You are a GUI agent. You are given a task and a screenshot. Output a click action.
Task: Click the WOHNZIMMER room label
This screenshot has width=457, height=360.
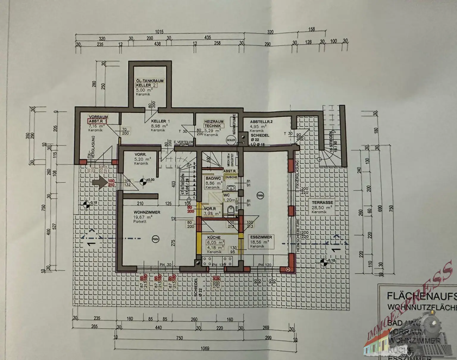147,212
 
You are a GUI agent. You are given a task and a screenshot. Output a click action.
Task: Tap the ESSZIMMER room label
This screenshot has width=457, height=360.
261,237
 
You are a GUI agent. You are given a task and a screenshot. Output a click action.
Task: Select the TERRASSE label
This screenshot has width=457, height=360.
322,202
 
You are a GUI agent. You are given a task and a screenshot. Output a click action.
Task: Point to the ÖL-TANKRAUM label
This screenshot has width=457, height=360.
150,81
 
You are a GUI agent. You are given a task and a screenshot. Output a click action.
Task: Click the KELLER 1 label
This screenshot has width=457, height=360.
160,121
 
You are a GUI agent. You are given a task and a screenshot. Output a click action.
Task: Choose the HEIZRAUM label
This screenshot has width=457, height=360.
214,122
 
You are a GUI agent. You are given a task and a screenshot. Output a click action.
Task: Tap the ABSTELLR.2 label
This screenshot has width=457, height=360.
261,122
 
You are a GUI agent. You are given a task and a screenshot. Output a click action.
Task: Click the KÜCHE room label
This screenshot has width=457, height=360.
214,238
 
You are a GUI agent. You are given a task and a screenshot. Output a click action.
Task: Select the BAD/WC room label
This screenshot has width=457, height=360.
213,178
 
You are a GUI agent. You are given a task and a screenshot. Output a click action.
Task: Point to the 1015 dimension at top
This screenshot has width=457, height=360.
159,32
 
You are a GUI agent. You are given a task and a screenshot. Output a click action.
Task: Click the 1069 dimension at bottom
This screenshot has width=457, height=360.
205,348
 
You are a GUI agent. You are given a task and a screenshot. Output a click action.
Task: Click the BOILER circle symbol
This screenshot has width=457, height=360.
231,140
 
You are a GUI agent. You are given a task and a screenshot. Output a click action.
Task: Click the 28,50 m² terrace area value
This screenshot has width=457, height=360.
322,207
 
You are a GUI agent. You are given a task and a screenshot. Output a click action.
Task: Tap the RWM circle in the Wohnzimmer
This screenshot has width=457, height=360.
155,239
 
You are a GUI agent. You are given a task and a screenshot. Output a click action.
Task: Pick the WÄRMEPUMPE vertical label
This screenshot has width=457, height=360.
234,123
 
